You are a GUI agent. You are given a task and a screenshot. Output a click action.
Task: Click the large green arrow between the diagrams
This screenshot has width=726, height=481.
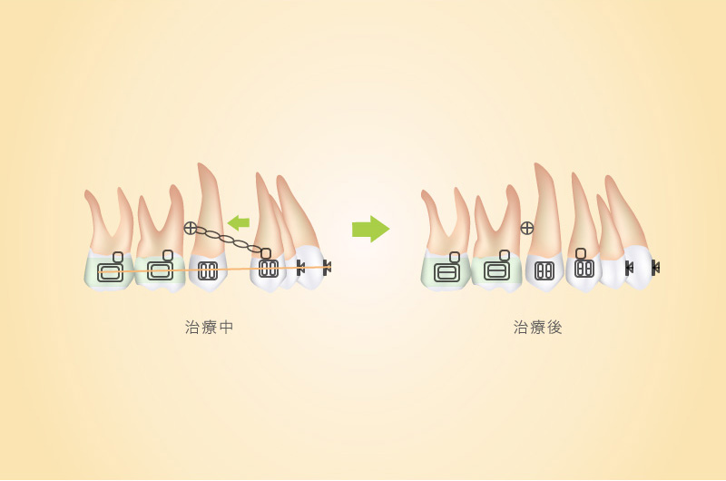tap(370, 229)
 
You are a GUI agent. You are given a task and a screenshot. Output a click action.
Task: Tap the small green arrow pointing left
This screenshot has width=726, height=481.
tap(239, 222)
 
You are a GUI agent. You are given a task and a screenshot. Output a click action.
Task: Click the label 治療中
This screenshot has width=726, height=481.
tap(209, 328)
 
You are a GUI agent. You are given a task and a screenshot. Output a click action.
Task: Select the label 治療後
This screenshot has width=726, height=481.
tap(537, 328)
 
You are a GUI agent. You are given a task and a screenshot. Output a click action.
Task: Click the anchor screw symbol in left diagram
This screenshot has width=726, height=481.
tap(191, 228)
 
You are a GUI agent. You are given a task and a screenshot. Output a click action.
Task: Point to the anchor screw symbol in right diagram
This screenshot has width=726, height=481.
tap(527, 228)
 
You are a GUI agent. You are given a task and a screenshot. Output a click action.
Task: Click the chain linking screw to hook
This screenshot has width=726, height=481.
tap(228, 240)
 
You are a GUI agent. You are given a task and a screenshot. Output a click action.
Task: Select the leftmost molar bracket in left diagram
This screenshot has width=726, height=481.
tap(110, 271)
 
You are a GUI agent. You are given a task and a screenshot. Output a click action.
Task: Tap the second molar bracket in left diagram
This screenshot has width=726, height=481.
tap(160, 270)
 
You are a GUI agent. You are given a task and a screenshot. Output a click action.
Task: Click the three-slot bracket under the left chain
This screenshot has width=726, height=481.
tap(208, 271)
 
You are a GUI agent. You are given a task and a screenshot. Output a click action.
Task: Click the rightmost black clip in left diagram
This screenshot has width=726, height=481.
tap(327, 267)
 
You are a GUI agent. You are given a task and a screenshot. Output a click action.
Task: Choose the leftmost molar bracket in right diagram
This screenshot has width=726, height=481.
tap(446, 271)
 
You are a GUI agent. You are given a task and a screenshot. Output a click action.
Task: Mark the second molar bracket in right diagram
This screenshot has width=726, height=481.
tap(496, 270)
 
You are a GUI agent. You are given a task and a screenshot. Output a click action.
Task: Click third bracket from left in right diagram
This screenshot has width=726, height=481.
tap(544, 271)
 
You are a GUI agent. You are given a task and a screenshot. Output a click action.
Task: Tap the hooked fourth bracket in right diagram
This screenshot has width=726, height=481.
tap(584, 264)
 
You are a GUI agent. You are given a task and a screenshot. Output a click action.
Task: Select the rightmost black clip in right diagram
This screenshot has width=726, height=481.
tap(655, 267)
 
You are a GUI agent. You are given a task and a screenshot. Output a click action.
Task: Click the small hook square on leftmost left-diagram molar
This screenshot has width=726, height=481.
tap(118, 257)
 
